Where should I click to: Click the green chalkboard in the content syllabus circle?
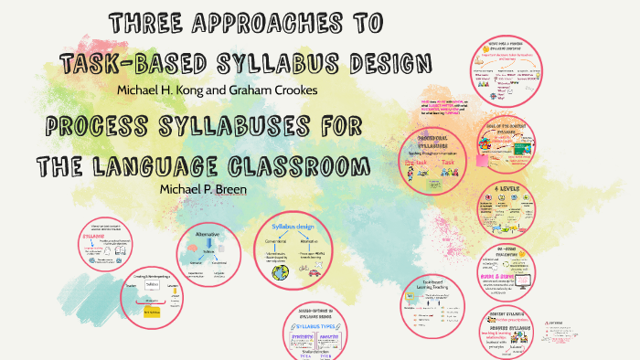(525, 147)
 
